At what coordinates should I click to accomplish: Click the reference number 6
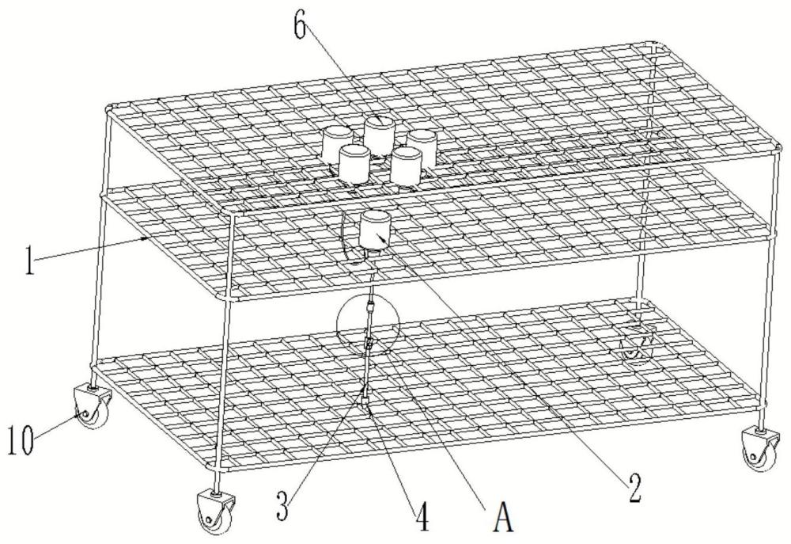click(300, 26)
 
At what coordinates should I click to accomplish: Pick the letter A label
click(502, 517)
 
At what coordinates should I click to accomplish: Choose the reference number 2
click(634, 488)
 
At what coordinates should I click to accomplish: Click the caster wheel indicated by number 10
click(94, 408)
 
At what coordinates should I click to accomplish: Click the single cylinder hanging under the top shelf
click(375, 231)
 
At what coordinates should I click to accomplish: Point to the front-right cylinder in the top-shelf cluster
click(407, 165)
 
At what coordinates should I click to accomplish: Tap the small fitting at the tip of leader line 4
click(365, 402)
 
